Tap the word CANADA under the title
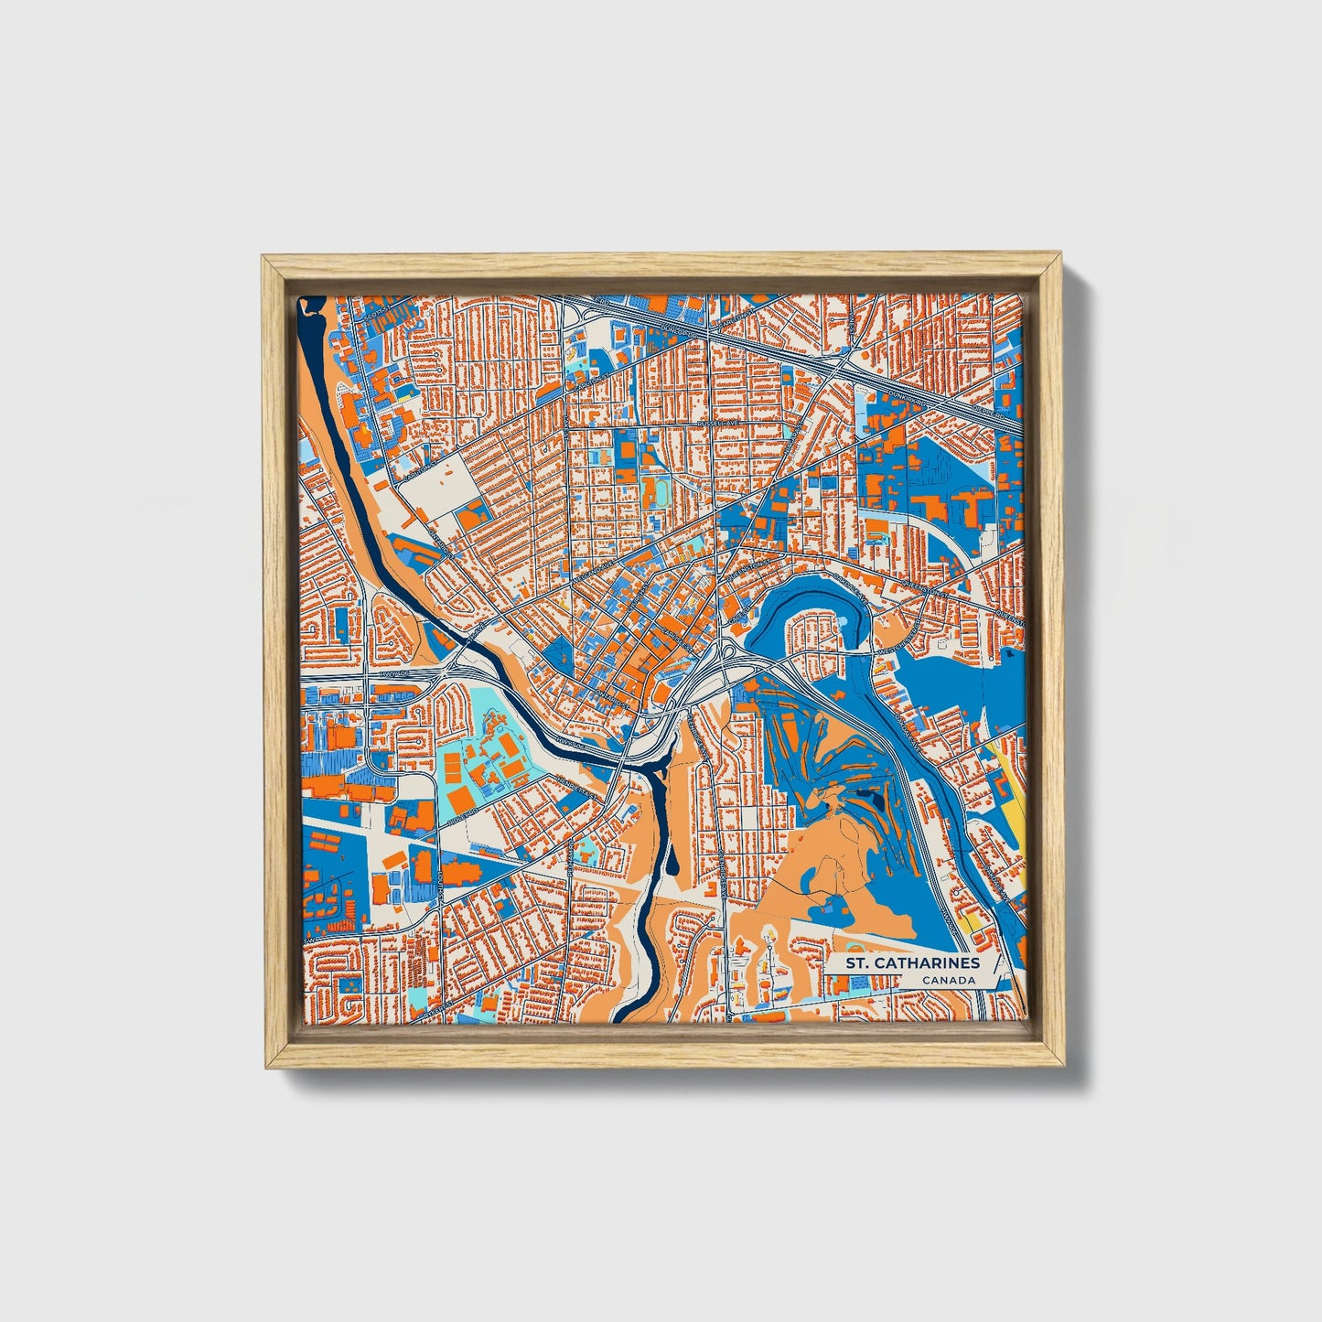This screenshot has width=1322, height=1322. [x=948, y=981]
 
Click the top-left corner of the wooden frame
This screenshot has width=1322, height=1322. [x=264, y=258]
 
